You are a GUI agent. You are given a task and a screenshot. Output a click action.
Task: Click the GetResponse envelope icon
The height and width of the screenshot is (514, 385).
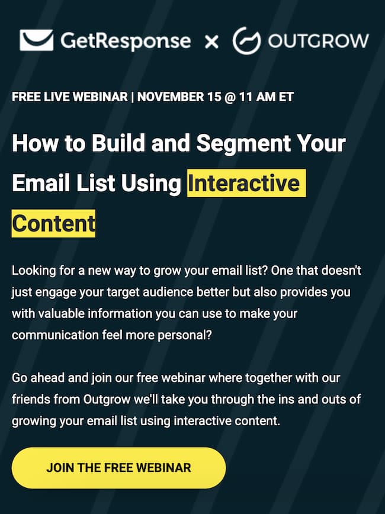tap(37, 40)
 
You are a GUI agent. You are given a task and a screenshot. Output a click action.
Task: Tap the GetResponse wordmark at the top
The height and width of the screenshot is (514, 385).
tap(125, 41)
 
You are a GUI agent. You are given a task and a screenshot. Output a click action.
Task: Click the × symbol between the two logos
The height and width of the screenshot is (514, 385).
tap(211, 41)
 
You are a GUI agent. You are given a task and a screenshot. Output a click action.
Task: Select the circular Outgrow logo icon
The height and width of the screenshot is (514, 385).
tap(246, 40)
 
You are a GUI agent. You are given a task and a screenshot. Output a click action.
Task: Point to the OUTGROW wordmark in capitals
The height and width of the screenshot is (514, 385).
tap(318, 41)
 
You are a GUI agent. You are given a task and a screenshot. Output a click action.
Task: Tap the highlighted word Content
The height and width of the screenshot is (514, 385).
tap(53, 223)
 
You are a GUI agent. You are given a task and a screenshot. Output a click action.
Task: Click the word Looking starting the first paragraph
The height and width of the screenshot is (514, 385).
tap(31, 271)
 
